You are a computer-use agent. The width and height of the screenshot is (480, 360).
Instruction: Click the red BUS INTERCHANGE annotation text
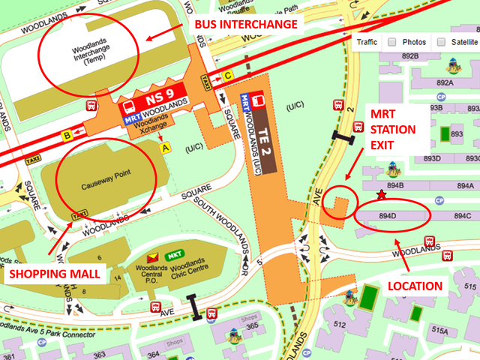246,25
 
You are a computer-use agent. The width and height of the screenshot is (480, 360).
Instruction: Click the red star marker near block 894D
382,196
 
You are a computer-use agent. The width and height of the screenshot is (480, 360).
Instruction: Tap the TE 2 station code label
259,118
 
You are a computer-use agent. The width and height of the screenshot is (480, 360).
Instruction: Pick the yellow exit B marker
67,136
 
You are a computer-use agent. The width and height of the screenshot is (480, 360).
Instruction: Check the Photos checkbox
392,43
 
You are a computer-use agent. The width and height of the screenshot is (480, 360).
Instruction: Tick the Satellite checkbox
441,43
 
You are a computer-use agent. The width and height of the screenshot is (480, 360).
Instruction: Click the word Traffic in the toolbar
367,43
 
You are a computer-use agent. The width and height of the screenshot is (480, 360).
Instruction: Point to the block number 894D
388,216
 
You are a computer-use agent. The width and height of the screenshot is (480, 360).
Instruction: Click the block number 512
339,324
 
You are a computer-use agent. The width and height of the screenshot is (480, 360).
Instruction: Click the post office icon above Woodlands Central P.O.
154,256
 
